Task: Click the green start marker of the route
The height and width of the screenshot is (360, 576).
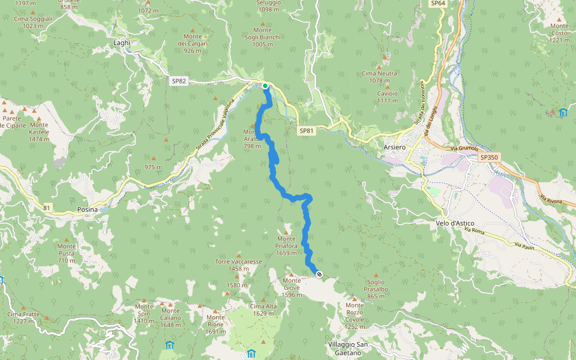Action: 265,86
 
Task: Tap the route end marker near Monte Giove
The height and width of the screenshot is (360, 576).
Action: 319,274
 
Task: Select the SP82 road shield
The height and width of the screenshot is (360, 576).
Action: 179,81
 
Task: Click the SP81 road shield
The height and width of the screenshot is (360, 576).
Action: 306,130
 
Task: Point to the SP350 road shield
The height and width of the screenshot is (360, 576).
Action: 489,157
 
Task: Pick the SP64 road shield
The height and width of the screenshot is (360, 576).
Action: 438,4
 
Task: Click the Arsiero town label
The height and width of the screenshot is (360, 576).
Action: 395,148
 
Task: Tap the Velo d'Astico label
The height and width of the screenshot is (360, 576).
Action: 454,223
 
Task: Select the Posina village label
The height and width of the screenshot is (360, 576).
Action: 88,209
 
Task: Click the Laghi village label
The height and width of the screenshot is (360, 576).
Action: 122,43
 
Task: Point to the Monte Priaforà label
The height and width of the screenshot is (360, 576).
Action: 286,249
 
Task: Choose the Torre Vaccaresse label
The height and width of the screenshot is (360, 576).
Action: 238,265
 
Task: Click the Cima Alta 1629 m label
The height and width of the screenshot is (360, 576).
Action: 263,310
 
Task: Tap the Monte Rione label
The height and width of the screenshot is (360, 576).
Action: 215,321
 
